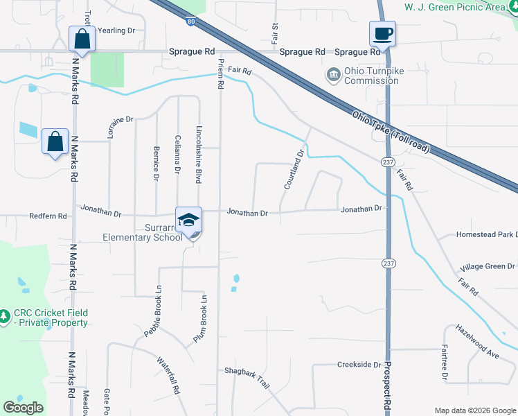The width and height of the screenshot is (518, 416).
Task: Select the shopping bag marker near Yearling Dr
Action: pos(82,40)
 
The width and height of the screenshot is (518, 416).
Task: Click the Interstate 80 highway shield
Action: pos(190,21)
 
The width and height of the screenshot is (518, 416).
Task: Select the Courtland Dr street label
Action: pos(294,170)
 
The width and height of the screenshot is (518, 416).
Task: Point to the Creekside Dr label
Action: pos(359,365)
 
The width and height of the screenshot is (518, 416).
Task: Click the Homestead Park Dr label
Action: pos(486,235)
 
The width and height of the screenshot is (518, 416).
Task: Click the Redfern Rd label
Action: pos(48,216)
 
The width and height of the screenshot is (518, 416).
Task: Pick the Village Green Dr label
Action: pos(488,266)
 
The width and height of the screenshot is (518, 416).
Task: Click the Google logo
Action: pos(24,408)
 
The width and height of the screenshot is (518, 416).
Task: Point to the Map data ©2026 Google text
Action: pos(474,410)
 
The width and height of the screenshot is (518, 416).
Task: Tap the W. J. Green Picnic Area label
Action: pos(465,7)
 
